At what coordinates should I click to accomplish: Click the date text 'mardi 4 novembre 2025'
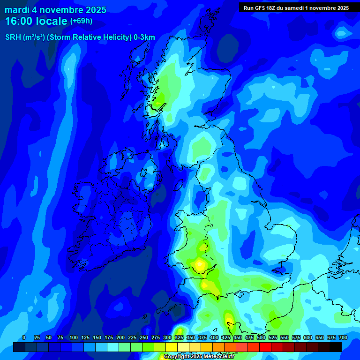pos(55,10)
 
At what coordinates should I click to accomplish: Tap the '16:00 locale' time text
pos(36,21)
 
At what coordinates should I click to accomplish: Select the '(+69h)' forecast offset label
pos(81,21)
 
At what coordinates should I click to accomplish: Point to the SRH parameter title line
pos(80,37)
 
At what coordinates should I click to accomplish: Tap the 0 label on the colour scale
pos(24,338)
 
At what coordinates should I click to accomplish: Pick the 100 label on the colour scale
pos(74,338)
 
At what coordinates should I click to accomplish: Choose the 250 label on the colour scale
pos(144,338)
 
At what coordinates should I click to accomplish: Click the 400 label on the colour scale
pos(214,338)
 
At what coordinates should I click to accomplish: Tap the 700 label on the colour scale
pos(343,338)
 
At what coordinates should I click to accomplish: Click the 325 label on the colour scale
pos(179,338)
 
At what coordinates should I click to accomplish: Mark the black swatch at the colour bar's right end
pos(335,347)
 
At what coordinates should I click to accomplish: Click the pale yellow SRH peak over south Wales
pos(200,264)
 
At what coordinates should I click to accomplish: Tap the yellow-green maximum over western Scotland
pos(160,98)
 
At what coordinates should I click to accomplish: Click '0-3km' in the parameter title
pos(144,37)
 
